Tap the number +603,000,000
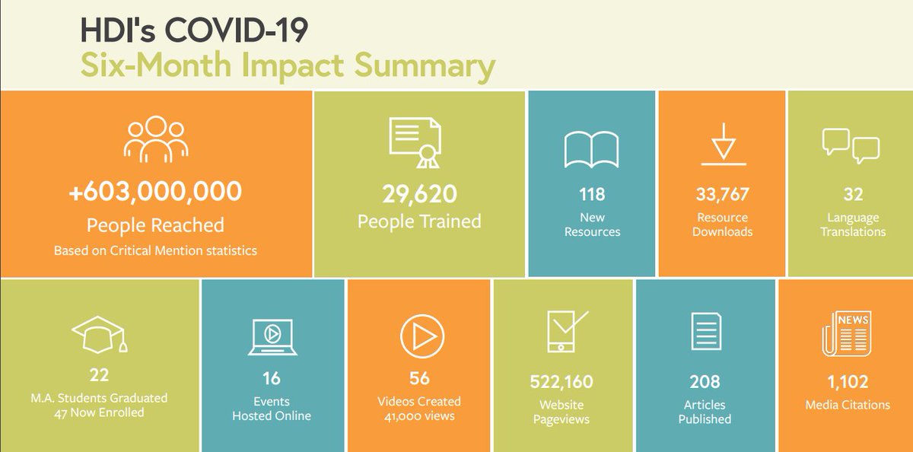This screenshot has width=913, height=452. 155,191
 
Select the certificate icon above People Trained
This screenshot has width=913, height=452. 418,142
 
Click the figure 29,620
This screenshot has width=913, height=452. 419,194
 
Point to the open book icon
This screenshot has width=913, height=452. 592,149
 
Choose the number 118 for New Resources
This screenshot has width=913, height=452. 592,194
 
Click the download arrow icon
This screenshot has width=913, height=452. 722,144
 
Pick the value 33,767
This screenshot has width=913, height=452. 722,194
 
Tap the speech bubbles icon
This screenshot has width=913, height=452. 851,145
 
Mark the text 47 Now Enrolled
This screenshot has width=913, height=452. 99,413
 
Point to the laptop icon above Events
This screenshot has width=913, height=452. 271,336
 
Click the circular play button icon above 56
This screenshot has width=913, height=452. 422,335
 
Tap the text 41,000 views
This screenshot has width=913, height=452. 418,415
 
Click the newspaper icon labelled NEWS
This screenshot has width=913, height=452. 846,333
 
